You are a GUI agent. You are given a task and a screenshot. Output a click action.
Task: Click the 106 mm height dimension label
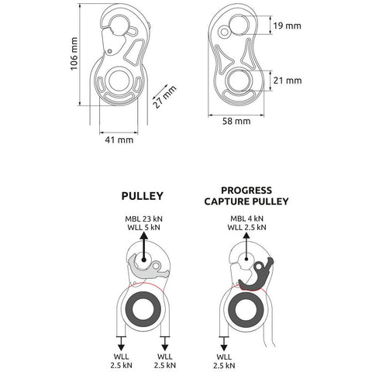(74, 53)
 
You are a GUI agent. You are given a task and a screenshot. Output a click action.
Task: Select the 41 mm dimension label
(119, 140)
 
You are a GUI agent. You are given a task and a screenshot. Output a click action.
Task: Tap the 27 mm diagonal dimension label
(164, 97)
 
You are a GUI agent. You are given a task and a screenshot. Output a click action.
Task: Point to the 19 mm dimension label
(288, 26)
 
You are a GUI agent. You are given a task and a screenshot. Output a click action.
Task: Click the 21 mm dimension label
(288, 81)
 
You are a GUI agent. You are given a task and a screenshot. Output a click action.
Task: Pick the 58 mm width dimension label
(236, 121)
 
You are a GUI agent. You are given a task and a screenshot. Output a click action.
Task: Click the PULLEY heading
(143, 196)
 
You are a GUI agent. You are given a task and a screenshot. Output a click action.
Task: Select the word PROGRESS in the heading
(246, 191)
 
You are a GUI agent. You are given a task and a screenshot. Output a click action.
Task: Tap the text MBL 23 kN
(143, 219)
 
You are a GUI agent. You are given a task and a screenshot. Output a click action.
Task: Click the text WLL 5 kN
(143, 228)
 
